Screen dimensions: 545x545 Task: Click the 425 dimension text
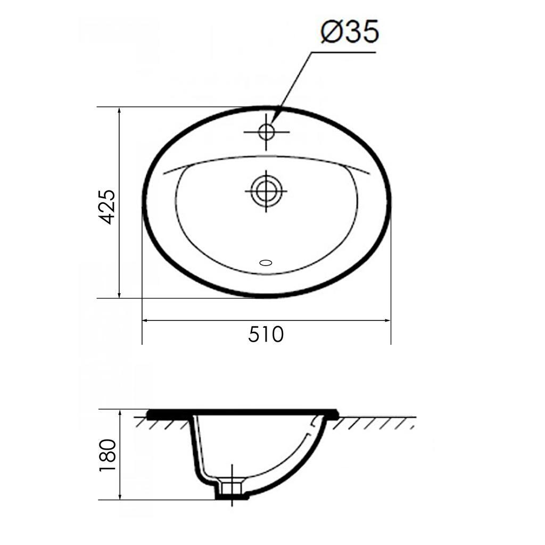pos(107,207)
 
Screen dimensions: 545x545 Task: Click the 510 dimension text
pos(266,335)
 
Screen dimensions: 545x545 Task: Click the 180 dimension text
pos(108,455)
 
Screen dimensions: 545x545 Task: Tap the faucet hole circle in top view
pos(266,131)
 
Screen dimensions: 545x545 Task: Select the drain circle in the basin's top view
pos(265,190)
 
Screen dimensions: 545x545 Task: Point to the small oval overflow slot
pos(265,262)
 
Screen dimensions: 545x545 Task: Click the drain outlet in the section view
pos(232,487)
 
